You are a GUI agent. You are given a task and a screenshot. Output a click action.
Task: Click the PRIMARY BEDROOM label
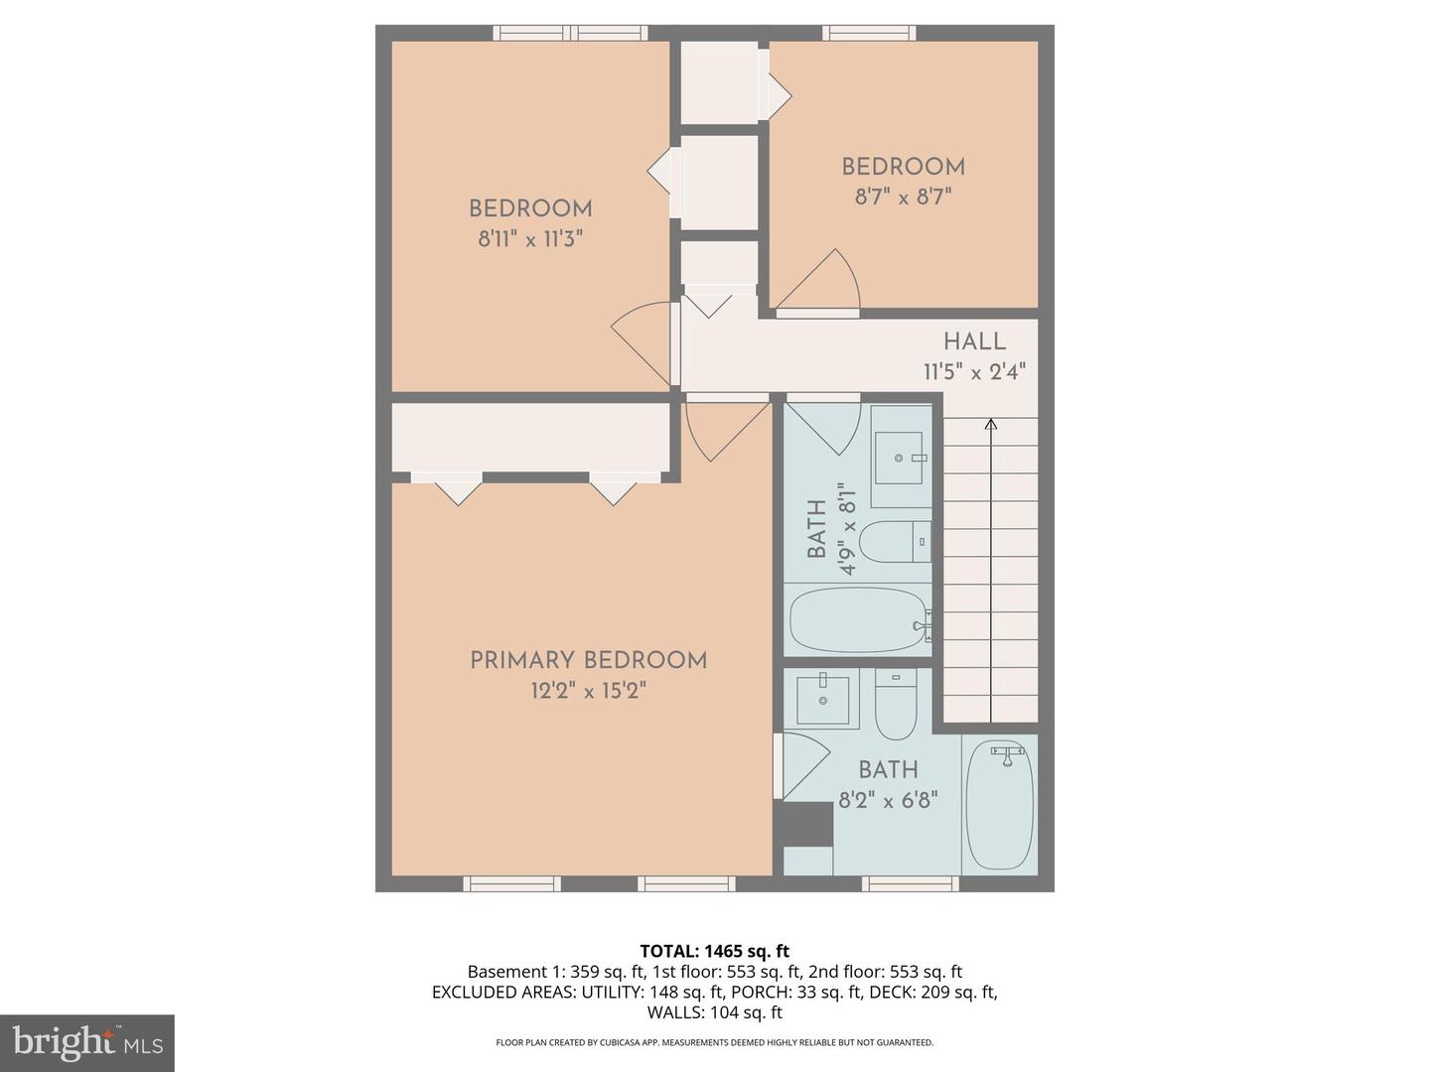click(588, 660)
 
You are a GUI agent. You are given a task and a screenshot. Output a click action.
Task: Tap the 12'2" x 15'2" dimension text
click(588, 691)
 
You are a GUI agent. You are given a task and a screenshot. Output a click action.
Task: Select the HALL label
click(974, 341)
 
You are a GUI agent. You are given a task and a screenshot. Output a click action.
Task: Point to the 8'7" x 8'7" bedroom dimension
click(903, 198)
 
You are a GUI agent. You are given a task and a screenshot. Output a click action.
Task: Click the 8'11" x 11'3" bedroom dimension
click(530, 239)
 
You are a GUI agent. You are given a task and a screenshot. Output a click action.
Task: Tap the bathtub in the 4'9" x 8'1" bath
click(859, 620)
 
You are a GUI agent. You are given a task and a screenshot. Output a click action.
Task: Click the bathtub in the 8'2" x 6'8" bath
click(999, 805)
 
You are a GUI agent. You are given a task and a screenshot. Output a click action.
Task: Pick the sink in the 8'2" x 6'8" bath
click(823, 699)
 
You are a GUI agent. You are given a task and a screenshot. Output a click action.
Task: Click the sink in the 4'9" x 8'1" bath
click(901, 458)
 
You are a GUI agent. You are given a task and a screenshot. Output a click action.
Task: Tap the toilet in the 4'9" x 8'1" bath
click(894, 542)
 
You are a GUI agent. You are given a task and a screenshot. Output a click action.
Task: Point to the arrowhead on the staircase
click(990, 425)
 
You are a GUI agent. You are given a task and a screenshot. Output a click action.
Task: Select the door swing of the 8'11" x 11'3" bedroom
click(643, 342)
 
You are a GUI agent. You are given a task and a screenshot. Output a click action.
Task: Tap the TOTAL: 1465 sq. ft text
click(714, 951)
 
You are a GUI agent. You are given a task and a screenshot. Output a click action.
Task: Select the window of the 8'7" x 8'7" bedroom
click(869, 33)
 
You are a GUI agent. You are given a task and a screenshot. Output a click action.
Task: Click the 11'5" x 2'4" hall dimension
click(974, 372)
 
